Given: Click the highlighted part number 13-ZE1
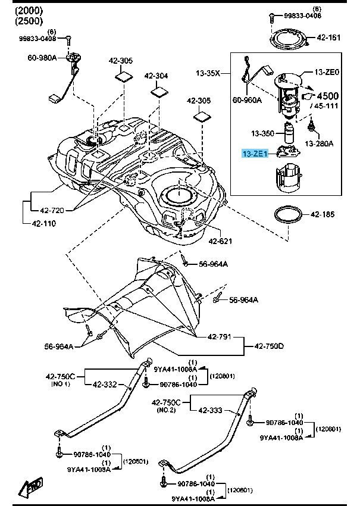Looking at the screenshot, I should pyautogui.click(x=254, y=154).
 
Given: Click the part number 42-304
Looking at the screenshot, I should pyautogui.click(x=156, y=76).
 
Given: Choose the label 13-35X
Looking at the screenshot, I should pyautogui.click(x=208, y=73).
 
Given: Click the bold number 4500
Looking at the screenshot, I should pyautogui.click(x=327, y=96).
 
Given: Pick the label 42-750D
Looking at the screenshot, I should pyautogui.click(x=270, y=346).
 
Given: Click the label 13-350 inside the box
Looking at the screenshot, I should pyautogui.click(x=262, y=133).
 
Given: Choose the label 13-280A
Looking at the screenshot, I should pyautogui.click(x=320, y=143).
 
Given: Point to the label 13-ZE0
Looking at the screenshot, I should pyautogui.click(x=327, y=72).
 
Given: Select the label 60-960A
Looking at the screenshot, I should pyautogui.click(x=246, y=100).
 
